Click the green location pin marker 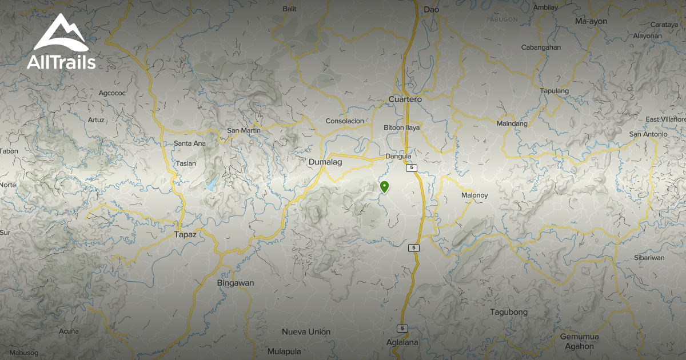pos(385,187)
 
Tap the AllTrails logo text pos(61,62)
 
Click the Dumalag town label pos(325,162)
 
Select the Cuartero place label pos(405,99)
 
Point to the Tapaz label pos(185,234)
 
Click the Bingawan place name pos(235,283)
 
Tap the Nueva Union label pos(306,331)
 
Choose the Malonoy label pos(474,195)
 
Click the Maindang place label pos(512,123)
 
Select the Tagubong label pos(509,312)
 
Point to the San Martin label pos(244,130)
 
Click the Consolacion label pos(345,121)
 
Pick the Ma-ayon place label pos(591,21)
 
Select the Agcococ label pos(112,93)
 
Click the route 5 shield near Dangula pos(411,168)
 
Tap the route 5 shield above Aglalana pos(402,329)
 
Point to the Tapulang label pos(555,91)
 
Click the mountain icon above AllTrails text pos(60,33)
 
